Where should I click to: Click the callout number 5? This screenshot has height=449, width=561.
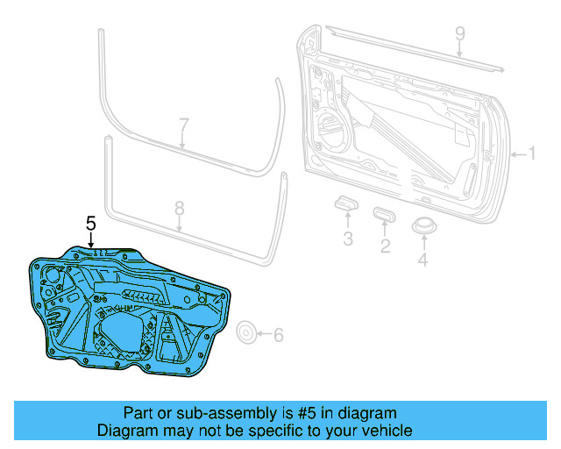point(90,224)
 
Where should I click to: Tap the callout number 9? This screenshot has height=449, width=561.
point(458,34)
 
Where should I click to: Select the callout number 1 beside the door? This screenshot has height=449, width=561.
point(529,154)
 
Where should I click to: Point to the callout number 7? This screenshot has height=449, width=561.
point(183,125)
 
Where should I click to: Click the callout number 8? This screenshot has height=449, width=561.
point(179,209)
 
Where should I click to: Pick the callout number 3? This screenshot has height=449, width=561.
point(347,239)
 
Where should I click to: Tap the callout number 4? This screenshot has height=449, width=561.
point(423,259)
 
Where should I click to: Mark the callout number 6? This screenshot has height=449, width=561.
point(279,334)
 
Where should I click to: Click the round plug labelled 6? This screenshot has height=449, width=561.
point(247,332)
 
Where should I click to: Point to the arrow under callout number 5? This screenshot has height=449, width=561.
point(90,243)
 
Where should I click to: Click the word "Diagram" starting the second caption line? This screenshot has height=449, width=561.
point(126,431)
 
